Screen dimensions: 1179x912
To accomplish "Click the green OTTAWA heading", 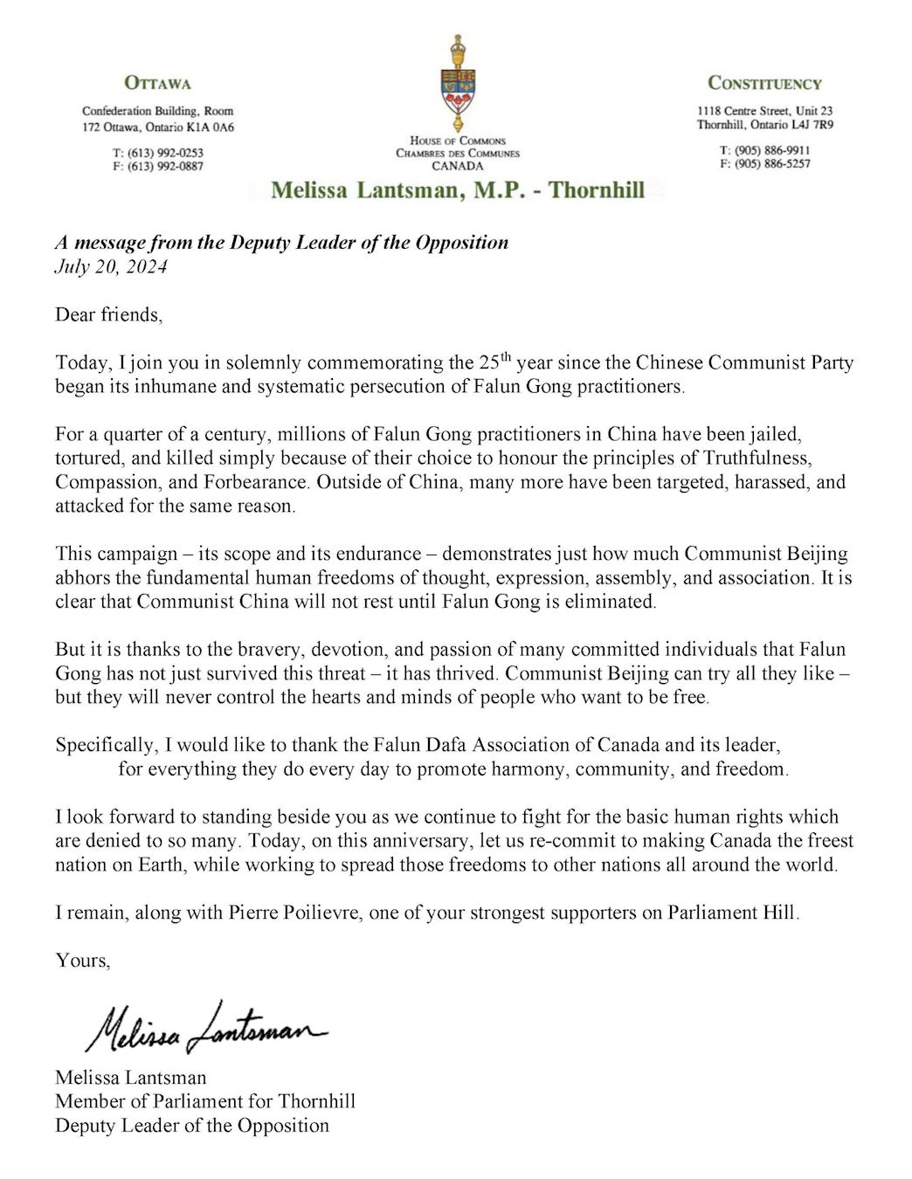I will [157, 84].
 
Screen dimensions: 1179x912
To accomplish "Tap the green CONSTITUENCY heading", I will [764, 84].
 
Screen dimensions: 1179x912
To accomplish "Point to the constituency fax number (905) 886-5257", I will [771, 163].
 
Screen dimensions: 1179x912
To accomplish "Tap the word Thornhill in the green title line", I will [597, 190].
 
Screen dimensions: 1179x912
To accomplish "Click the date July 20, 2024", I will [111, 266].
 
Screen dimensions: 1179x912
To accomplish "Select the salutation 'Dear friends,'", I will [108, 314].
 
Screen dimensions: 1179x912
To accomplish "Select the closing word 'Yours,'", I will [83, 961].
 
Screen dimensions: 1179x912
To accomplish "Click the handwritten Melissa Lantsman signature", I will [205, 1028].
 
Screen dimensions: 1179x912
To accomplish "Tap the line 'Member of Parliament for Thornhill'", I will [205, 1101].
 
